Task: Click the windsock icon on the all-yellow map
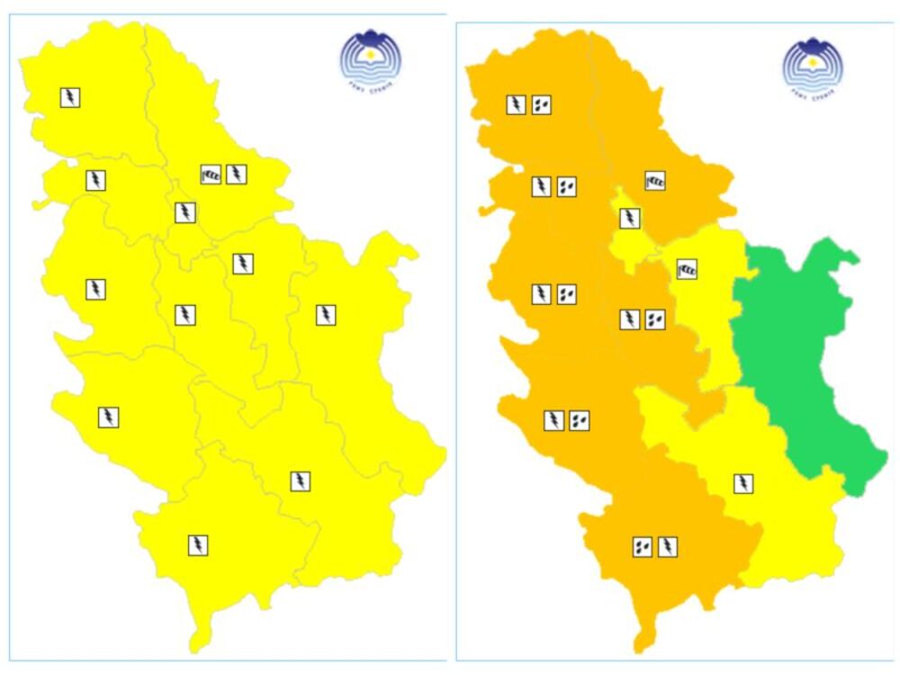(x=211, y=174)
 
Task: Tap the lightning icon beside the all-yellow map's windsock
(x=237, y=174)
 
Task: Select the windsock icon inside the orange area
(x=655, y=181)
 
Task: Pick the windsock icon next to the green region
(x=688, y=268)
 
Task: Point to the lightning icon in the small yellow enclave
(x=630, y=218)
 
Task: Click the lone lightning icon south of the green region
(x=743, y=483)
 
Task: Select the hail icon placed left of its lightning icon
(x=642, y=546)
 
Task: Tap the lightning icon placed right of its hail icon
(x=668, y=546)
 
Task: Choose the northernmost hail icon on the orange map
(x=541, y=105)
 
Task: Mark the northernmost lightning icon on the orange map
(x=516, y=105)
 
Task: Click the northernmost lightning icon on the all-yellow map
(x=70, y=97)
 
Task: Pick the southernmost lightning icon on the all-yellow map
(x=198, y=544)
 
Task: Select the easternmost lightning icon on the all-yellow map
(x=326, y=314)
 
